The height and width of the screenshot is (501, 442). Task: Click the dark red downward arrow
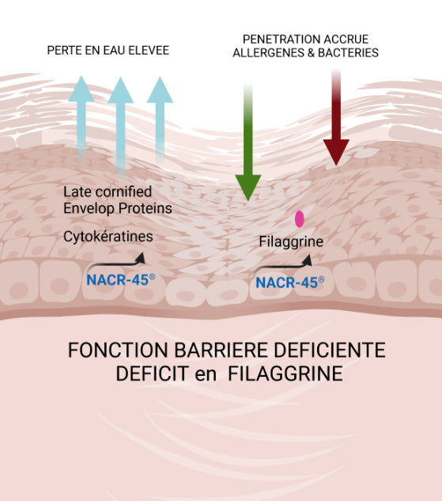point(336,118)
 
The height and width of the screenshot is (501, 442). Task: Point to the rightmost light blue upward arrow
point(160,120)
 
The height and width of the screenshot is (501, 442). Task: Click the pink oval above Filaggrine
point(300,219)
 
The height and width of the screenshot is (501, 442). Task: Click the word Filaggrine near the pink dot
point(291,241)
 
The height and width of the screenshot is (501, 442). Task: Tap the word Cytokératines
point(108,237)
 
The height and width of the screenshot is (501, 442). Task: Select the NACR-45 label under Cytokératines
point(121,280)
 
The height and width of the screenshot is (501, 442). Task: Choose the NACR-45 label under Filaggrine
point(289,283)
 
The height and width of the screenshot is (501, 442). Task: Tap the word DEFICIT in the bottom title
point(152,374)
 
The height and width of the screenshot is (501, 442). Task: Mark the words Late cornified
point(108,192)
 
